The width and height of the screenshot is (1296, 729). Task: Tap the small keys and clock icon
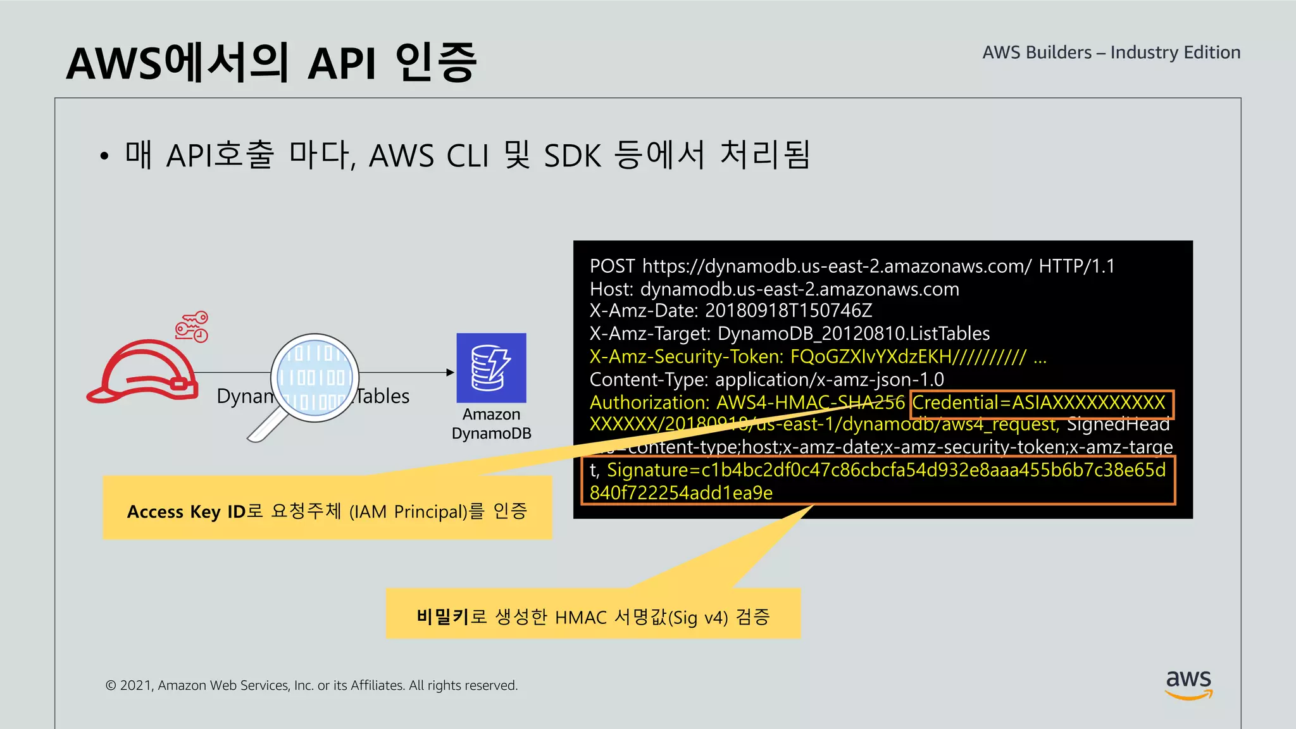tap(192, 327)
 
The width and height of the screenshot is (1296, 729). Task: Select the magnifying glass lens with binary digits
tap(315, 378)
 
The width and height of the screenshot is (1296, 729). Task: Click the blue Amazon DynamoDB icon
tap(491, 368)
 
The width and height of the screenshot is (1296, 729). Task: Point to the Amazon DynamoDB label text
tap(491, 424)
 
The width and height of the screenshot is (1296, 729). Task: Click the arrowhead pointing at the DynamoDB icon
tap(450, 373)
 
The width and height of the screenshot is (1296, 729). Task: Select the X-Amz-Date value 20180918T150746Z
tap(788, 311)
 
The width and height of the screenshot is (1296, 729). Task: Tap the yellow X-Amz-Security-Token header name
tap(686, 357)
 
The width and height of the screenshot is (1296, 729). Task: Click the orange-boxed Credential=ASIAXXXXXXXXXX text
tap(1038, 403)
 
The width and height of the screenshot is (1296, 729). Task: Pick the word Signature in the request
tap(647, 470)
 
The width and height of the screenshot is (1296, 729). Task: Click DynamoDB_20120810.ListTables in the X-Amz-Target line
tap(853, 333)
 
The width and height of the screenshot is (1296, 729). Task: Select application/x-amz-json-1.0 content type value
tap(829, 380)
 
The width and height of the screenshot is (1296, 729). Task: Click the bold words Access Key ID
tap(186, 511)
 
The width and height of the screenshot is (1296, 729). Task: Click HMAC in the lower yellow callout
tap(580, 617)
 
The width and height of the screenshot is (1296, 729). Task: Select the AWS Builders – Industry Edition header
tap(1111, 53)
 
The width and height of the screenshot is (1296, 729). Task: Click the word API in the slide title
tap(342, 64)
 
